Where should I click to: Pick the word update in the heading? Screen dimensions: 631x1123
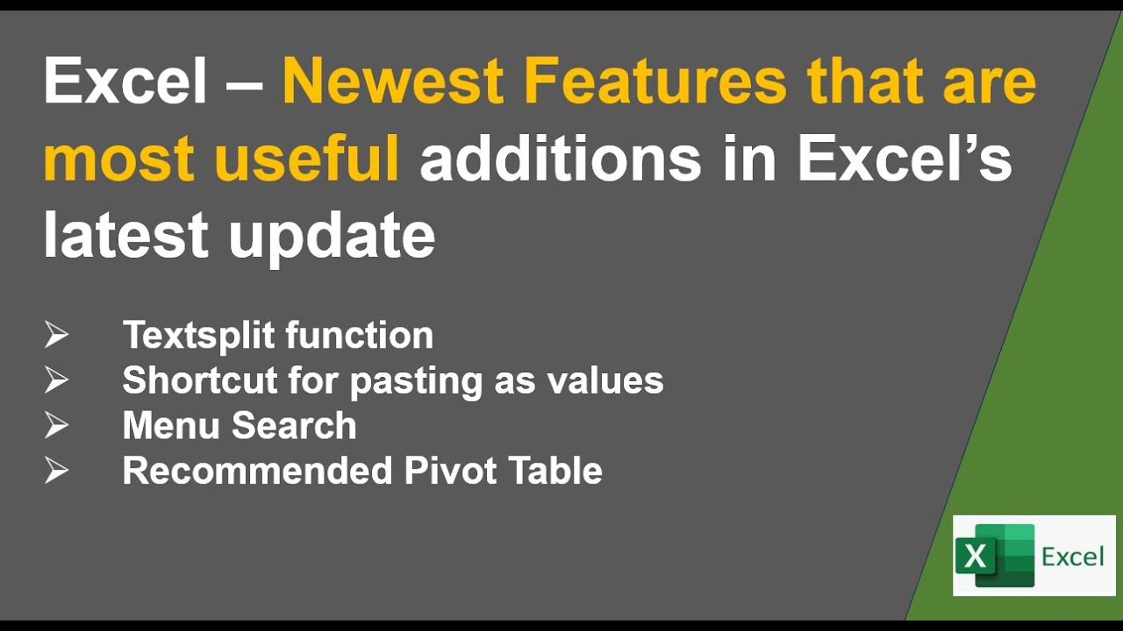click(332, 237)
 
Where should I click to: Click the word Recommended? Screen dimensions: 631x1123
click(256, 471)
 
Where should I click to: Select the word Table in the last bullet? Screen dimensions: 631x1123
click(559, 471)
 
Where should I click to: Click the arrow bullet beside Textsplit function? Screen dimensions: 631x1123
click(57, 335)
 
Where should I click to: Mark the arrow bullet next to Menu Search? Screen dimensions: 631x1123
click(57, 425)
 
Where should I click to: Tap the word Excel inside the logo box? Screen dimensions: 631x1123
click(1072, 556)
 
